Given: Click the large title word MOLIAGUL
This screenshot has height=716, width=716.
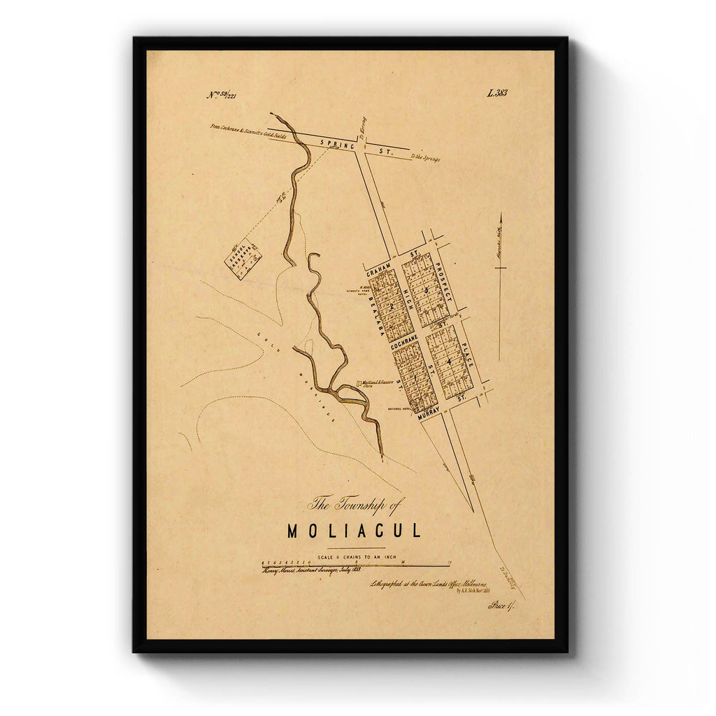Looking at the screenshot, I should click(355, 531).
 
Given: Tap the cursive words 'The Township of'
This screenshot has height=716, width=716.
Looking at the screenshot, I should click(356, 503).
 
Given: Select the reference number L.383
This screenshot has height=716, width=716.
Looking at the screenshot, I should click(497, 93).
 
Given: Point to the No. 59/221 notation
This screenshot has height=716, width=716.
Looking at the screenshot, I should click(222, 95).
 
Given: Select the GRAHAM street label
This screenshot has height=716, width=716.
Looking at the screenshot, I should click(378, 264).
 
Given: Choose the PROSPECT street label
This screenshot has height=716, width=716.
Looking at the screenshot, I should click(443, 278).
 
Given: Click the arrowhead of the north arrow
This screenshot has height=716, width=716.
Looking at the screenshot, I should click(501, 217).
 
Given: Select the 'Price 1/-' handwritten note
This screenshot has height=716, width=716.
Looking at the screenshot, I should click(501, 605).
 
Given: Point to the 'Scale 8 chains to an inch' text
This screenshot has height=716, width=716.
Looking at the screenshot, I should click(357, 557).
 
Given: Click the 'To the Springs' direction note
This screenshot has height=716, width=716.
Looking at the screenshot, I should click(425, 159).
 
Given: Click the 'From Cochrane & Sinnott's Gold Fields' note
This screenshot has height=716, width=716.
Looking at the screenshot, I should click(248, 131).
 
